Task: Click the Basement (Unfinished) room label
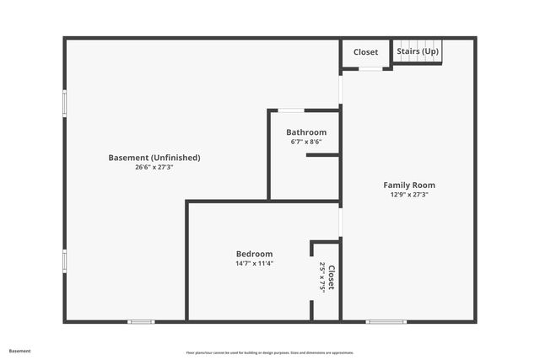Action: click(x=154, y=158)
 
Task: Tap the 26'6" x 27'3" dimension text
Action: click(x=154, y=168)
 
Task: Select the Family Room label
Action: click(x=409, y=185)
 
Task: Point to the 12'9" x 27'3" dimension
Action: click(x=409, y=195)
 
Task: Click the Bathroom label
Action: click(x=306, y=132)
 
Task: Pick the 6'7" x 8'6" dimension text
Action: click(x=306, y=142)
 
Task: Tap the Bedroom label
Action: click(x=254, y=254)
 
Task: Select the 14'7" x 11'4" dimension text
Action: click(x=254, y=263)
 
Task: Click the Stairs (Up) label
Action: click(x=418, y=51)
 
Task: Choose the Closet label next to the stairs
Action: click(x=365, y=52)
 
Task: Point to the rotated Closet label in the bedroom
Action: click(x=332, y=277)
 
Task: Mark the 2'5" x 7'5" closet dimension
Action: click(x=322, y=277)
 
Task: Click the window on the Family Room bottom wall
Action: click(x=386, y=321)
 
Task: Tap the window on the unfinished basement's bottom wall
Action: click(x=141, y=321)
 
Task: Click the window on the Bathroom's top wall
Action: click(x=292, y=110)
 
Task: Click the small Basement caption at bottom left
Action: click(x=19, y=351)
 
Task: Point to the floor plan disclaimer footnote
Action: click(x=270, y=352)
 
